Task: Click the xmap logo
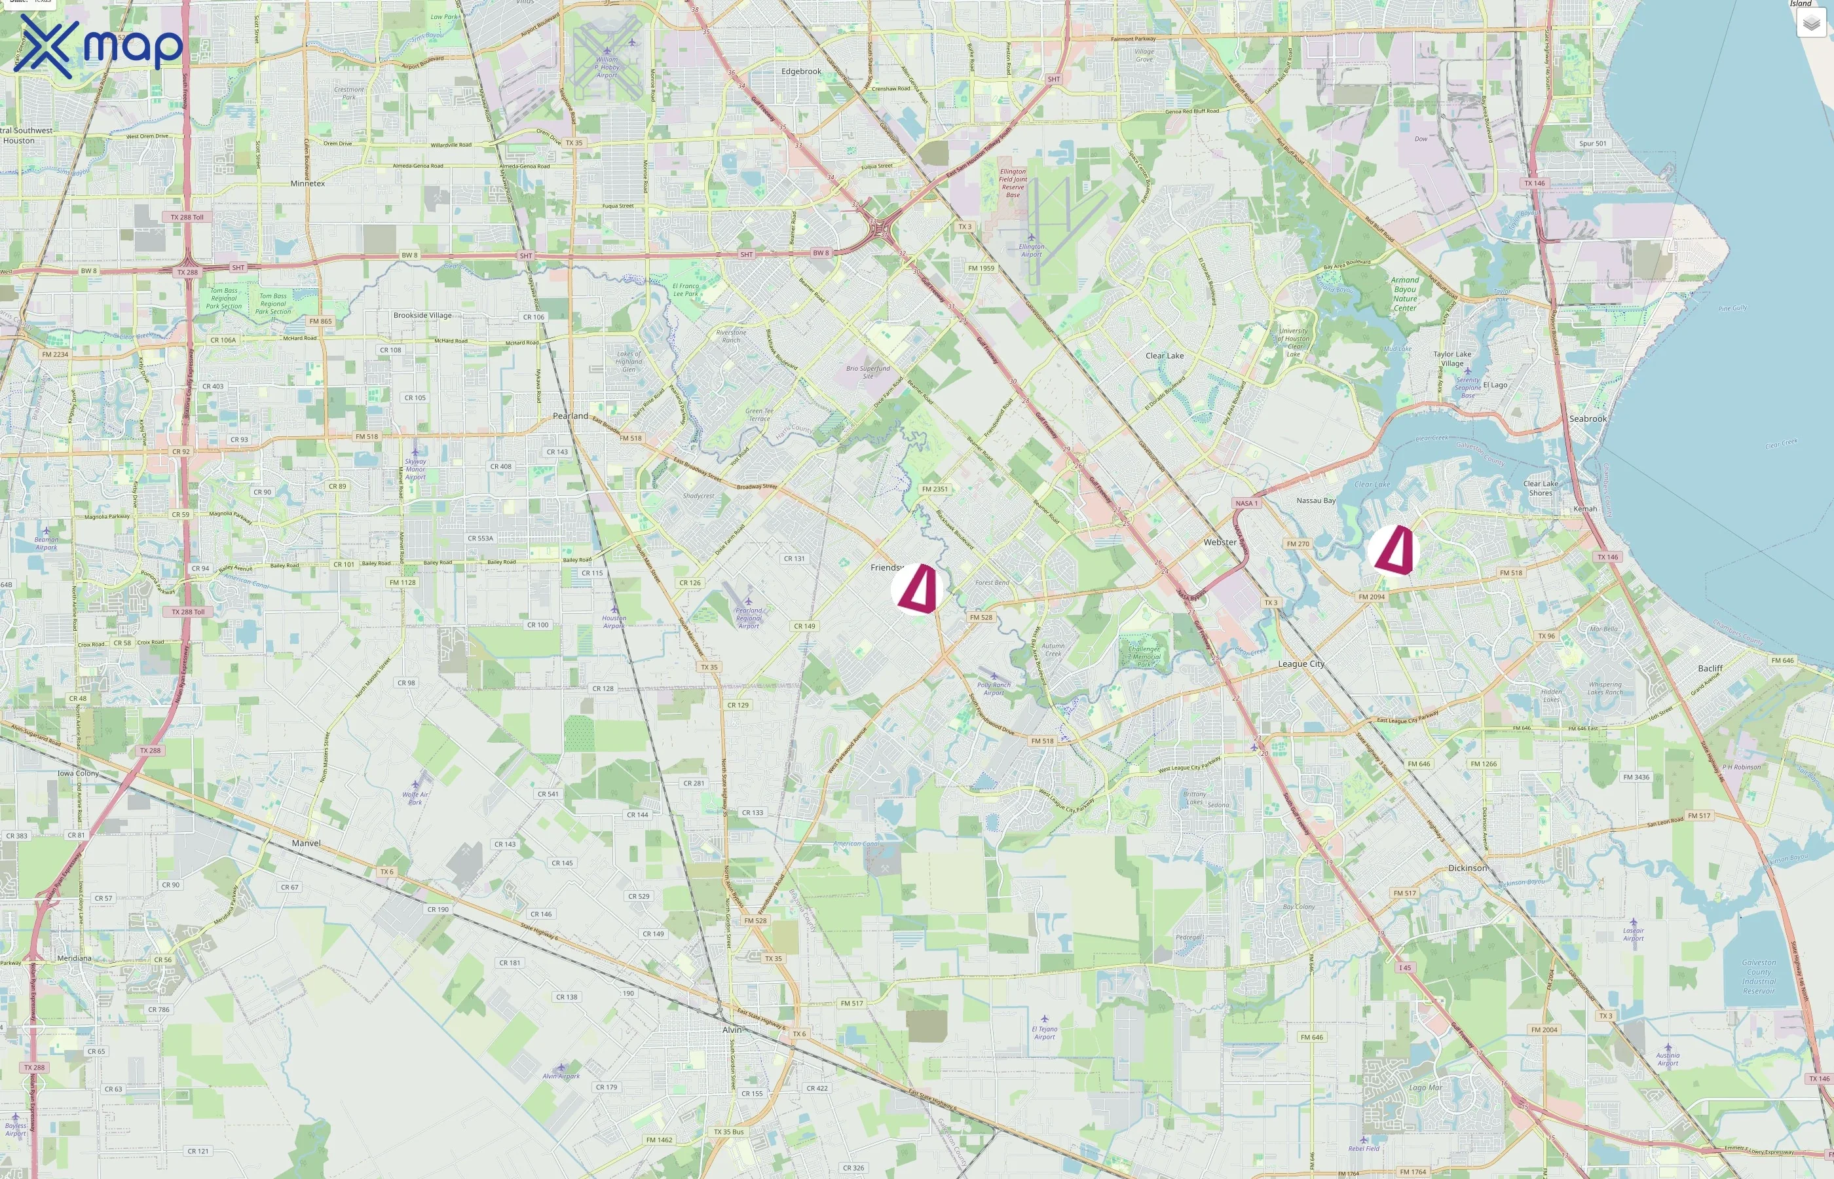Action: tap(98, 46)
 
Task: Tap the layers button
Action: tap(1811, 24)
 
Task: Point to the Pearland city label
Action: tap(571, 416)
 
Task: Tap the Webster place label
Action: tap(1220, 542)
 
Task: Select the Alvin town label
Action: tap(732, 1030)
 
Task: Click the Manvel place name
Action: tap(306, 843)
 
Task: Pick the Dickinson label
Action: tap(1467, 868)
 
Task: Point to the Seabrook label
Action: tap(1588, 419)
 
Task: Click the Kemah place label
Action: tap(1584, 508)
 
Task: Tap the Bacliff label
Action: tap(1710, 668)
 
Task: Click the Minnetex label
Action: tap(308, 184)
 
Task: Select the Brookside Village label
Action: tap(422, 316)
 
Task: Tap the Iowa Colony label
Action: tap(78, 774)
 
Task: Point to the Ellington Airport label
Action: tap(1031, 250)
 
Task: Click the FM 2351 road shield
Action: tap(935, 489)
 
